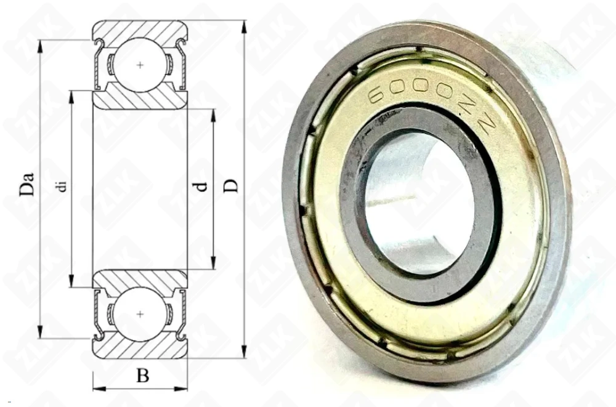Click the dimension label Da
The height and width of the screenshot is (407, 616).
[x=26, y=183]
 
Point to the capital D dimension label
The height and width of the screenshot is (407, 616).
[x=230, y=184]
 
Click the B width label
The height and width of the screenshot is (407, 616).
[x=142, y=376]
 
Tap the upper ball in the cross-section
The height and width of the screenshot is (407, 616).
[x=141, y=65]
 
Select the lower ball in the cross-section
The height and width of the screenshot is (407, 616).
[x=141, y=313]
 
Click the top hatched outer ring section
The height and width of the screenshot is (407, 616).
[x=140, y=29]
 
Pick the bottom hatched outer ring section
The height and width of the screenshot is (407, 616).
[x=140, y=349]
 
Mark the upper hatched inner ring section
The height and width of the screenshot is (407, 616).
[x=140, y=100]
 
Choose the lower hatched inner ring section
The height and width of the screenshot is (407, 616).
[x=140, y=278]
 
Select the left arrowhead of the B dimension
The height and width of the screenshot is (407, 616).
[x=97, y=389]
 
